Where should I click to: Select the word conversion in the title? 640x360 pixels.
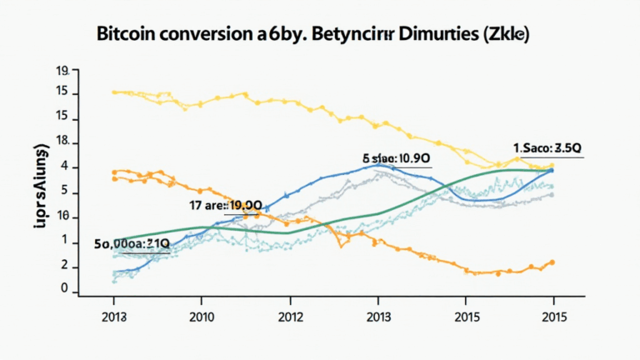[x=210, y=37]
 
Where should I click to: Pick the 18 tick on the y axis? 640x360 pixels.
[x=61, y=143]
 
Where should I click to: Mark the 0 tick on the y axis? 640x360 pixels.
[x=63, y=288]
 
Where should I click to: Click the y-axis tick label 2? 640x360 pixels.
[x=63, y=265]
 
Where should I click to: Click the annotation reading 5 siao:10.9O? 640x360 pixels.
[x=396, y=157]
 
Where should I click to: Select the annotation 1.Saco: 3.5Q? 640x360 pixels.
[x=546, y=148]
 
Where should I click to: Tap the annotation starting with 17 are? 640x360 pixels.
[x=227, y=205]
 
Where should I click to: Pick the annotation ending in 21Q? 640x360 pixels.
[x=132, y=243]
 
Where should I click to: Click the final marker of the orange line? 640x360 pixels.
[x=552, y=262]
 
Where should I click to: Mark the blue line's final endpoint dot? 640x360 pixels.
[x=551, y=170]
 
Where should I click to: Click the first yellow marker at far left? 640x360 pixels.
[x=114, y=92]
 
